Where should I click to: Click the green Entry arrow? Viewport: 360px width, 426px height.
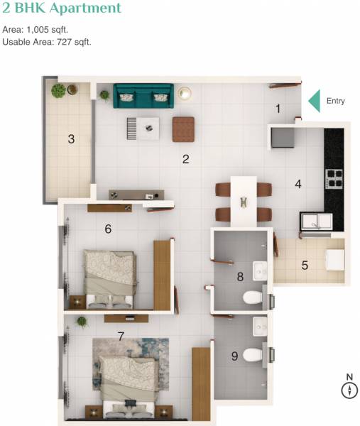[314, 101]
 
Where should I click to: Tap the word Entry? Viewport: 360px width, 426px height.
[336, 101]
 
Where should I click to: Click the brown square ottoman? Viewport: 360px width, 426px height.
[183, 129]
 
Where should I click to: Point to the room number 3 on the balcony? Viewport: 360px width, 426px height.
[71, 139]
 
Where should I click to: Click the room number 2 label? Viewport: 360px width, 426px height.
[185, 159]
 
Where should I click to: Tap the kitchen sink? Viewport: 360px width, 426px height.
[315, 222]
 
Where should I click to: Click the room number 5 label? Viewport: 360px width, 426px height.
[305, 266]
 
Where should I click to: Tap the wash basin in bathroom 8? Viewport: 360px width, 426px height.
[260, 271]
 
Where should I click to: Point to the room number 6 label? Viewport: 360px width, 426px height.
[108, 229]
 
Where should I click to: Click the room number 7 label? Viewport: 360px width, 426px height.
[121, 336]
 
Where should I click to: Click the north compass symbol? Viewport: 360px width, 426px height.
[349, 389]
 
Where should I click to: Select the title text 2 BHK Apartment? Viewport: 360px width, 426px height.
[62, 9]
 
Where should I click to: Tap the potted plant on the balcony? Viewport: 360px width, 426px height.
[58, 90]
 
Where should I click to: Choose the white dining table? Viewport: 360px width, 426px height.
[244, 200]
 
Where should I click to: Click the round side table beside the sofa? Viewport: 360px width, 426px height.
[185, 93]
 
